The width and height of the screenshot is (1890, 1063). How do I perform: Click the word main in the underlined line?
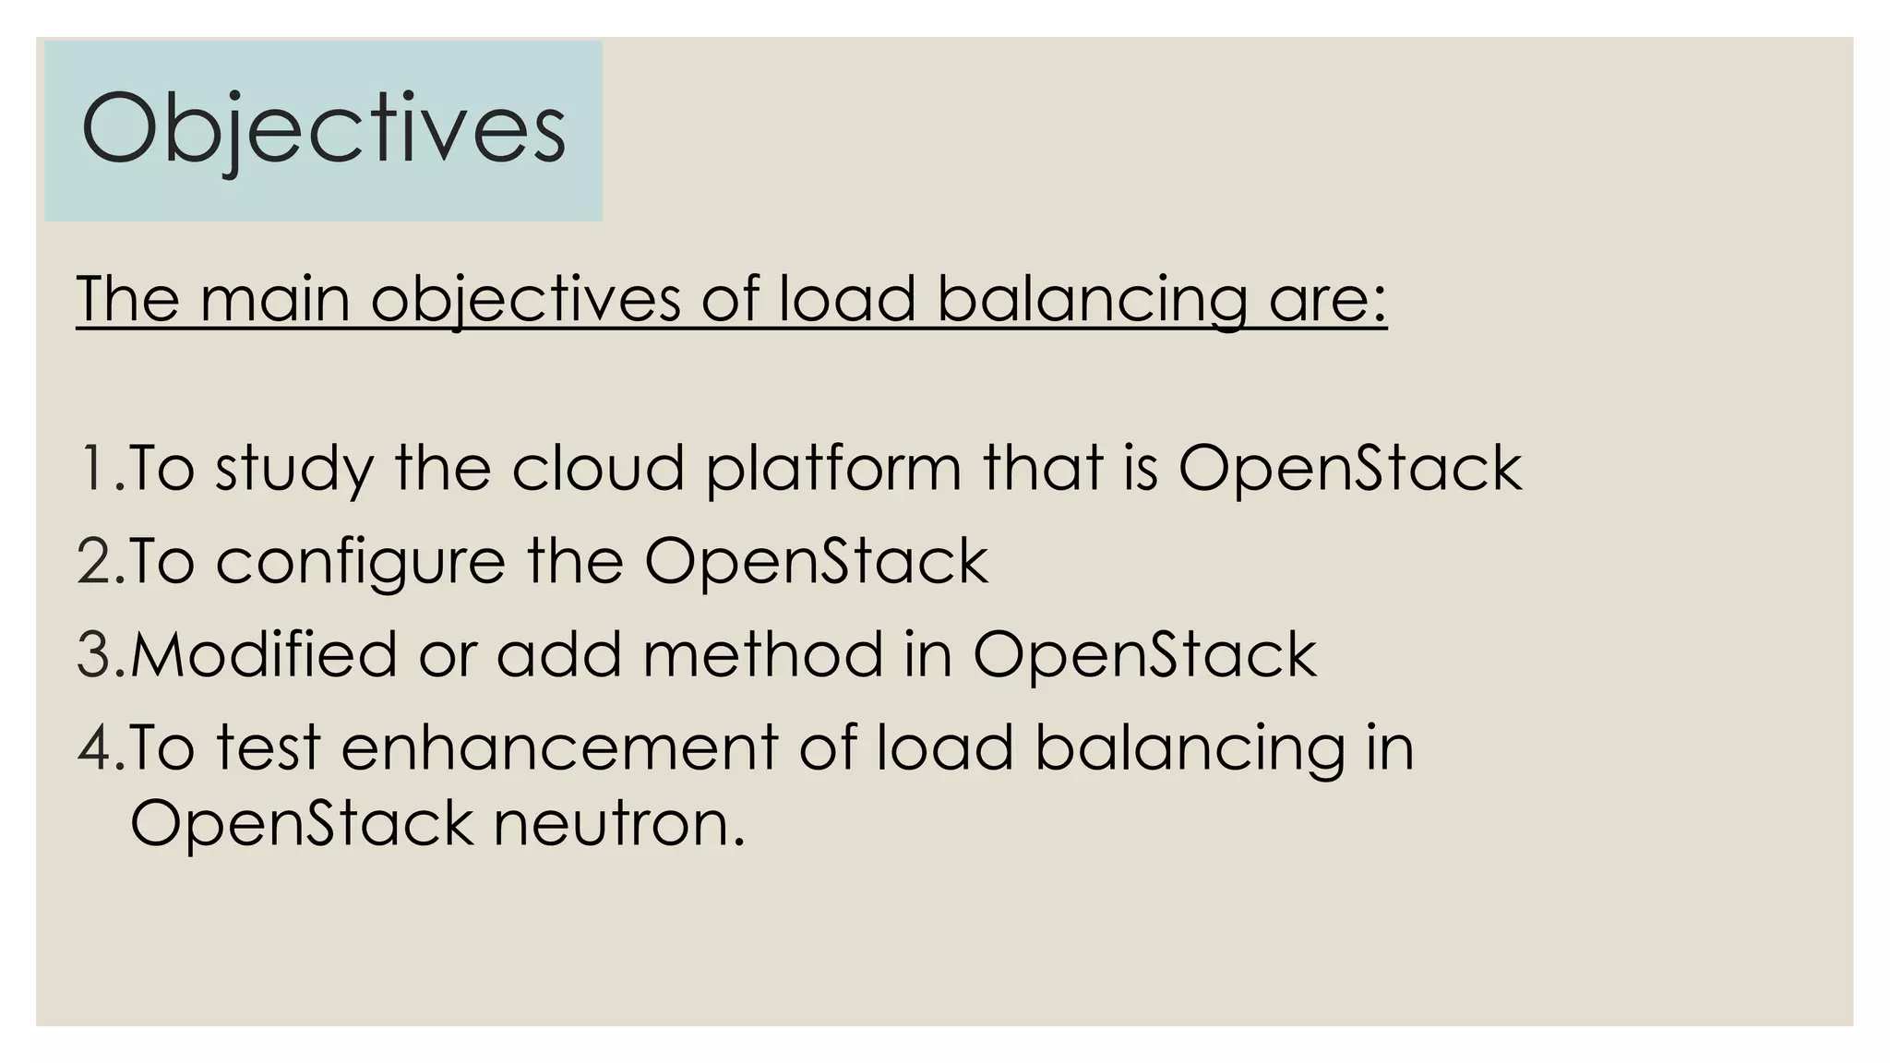[275, 299]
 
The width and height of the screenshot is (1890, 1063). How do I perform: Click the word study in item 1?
[293, 469]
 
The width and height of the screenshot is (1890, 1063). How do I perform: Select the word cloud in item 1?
[598, 467]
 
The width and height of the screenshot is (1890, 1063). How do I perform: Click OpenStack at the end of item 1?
[1349, 469]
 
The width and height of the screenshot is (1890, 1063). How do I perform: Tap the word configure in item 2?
[360, 563]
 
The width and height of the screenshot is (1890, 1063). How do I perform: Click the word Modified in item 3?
[264, 655]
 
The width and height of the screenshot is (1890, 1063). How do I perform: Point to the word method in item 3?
[762, 655]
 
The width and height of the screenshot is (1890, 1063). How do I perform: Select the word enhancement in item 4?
[559, 747]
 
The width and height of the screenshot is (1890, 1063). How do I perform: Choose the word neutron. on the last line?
[619, 824]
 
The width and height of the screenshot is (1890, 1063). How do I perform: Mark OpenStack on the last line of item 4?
[301, 824]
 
